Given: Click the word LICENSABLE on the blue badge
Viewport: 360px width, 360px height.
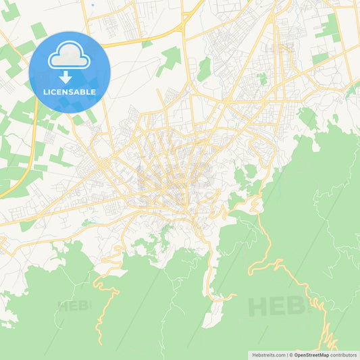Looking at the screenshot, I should tap(70, 92).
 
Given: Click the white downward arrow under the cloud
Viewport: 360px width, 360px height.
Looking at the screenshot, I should tap(66, 76).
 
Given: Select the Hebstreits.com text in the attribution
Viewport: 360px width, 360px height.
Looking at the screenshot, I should tap(267, 355).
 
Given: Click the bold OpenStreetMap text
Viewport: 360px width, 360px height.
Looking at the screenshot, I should tap(311, 355).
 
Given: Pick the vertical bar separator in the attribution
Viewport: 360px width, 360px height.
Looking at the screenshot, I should tap(286, 355).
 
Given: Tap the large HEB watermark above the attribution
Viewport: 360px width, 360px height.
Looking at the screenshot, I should tap(270, 307).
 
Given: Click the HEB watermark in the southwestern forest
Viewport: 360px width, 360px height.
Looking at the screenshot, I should tap(74, 305).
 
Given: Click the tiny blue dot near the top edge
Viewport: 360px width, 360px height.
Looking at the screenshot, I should tap(93, 4).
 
